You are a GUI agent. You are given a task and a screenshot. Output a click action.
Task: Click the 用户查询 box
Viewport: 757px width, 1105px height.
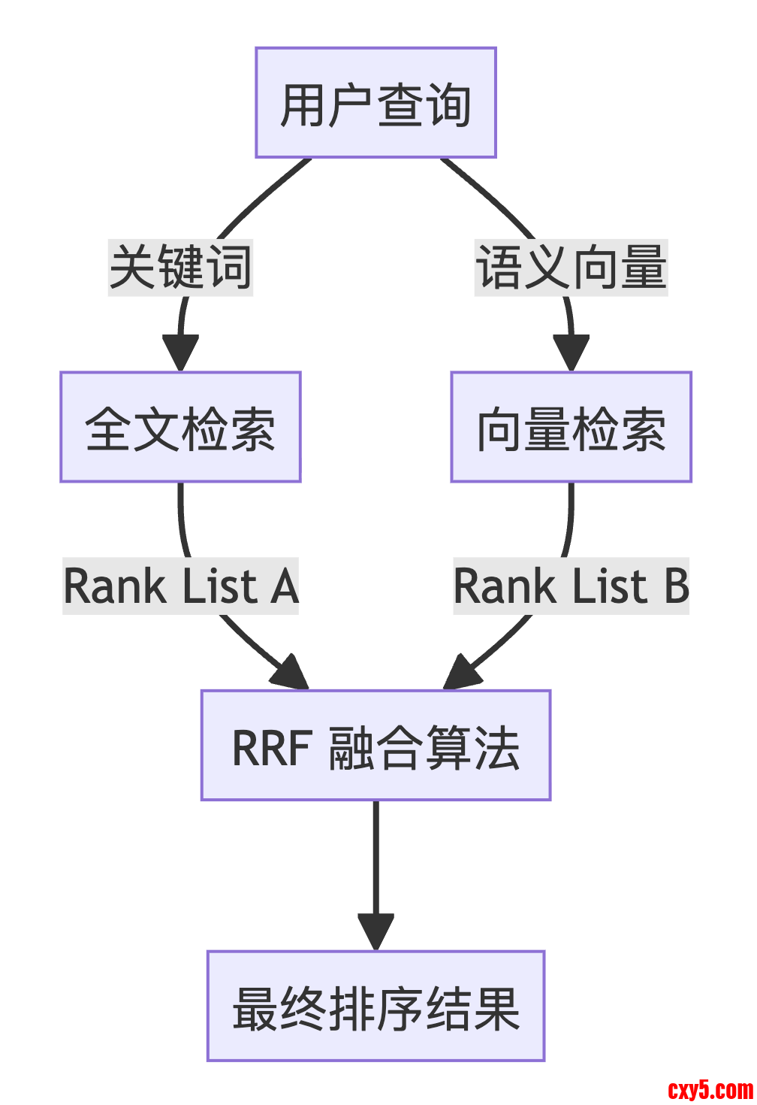click(x=375, y=103)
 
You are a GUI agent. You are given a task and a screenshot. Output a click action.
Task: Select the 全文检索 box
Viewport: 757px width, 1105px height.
click(x=180, y=427)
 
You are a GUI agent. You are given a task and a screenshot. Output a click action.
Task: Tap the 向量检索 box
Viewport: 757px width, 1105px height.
click(x=571, y=427)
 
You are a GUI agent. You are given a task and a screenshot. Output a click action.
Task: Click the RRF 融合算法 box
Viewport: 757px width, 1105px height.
click(x=375, y=746)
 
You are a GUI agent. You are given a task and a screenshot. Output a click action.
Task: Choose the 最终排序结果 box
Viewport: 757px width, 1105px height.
click(x=375, y=1007)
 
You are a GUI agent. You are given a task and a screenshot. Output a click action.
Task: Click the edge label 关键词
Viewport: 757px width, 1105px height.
click(x=180, y=268)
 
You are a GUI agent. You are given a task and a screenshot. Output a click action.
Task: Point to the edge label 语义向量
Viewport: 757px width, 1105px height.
click(x=571, y=268)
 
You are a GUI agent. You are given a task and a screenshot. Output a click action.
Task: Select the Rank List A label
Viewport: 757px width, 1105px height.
click(x=180, y=586)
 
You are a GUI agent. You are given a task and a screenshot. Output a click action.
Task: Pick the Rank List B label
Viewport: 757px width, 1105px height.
click(x=571, y=586)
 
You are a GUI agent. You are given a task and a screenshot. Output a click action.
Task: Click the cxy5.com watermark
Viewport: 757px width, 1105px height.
click(x=710, y=1089)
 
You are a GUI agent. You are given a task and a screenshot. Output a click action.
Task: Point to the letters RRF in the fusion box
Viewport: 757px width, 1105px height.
click(x=272, y=748)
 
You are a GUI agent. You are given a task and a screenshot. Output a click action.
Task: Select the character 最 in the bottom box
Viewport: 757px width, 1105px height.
click(x=255, y=1008)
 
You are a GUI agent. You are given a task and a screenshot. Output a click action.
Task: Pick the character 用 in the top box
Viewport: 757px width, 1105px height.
click(x=303, y=104)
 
